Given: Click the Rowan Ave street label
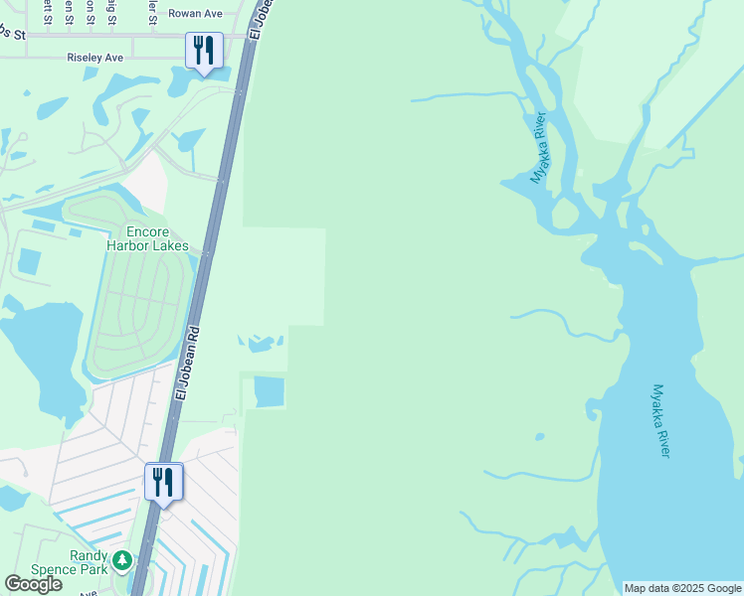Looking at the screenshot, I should click(x=194, y=14).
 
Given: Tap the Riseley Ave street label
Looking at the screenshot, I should click(x=95, y=58).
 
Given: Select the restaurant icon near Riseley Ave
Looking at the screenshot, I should click(x=204, y=51).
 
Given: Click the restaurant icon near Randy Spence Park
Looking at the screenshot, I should click(x=163, y=482).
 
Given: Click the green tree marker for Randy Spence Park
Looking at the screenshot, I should click(x=121, y=561).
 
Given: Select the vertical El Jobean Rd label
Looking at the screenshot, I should click(x=188, y=364).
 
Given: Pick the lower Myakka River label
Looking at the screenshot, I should click(x=661, y=420).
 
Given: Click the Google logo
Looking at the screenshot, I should click(x=33, y=584).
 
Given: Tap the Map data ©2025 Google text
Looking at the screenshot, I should click(x=681, y=588).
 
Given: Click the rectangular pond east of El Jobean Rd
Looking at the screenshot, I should click(x=269, y=391).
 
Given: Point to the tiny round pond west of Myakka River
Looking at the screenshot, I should click(x=539, y=436).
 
